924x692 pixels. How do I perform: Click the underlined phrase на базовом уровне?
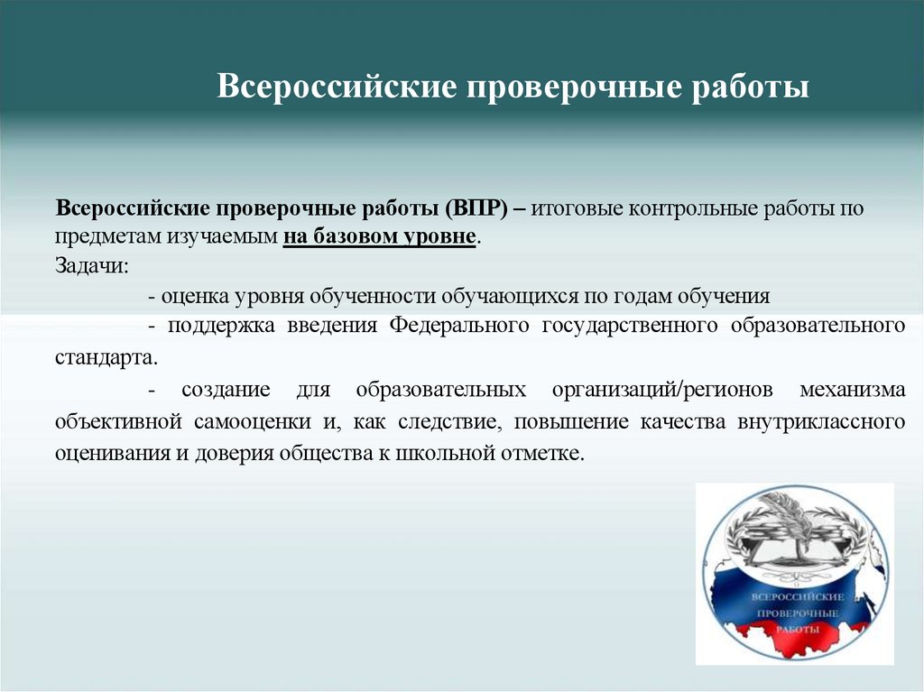point(379,237)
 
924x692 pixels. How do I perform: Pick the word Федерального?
point(459,326)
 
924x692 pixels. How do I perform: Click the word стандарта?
point(105,356)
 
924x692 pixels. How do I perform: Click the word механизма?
point(853,391)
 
